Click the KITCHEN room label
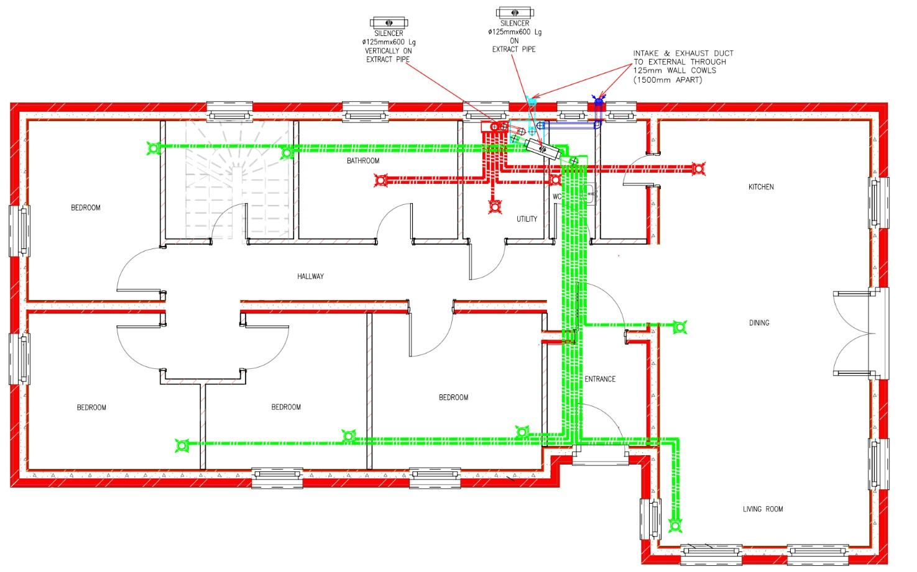(x=761, y=187)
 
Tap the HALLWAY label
(x=310, y=276)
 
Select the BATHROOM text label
(x=363, y=161)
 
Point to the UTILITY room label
(x=527, y=219)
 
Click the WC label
(x=557, y=197)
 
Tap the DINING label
(x=759, y=323)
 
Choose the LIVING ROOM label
(x=763, y=509)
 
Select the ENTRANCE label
(x=600, y=379)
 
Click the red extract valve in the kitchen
(x=698, y=168)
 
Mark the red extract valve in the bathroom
(x=381, y=180)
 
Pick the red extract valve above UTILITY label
(x=495, y=207)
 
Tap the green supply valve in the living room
(x=675, y=525)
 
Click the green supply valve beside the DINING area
(x=680, y=327)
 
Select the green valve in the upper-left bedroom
(x=154, y=148)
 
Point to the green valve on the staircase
(x=287, y=153)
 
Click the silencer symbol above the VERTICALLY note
(x=389, y=22)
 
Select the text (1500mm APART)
(x=668, y=79)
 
